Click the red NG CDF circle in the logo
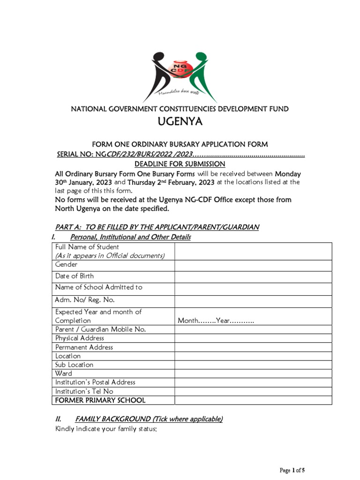[x=180, y=71]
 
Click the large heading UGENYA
[x=180, y=123]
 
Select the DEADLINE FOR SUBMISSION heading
[x=180, y=164]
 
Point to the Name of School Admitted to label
[x=98, y=287]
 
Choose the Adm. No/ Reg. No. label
[x=85, y=300]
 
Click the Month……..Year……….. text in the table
[x=216, y=321]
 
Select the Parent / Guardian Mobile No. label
[x=100, y=330]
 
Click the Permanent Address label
[x=84, y=347]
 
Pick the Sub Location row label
[x=74, y=365]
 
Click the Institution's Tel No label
[x=84, y=391]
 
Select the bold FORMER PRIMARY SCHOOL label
[x=100, y=400]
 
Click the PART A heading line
[x=157, y=227]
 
